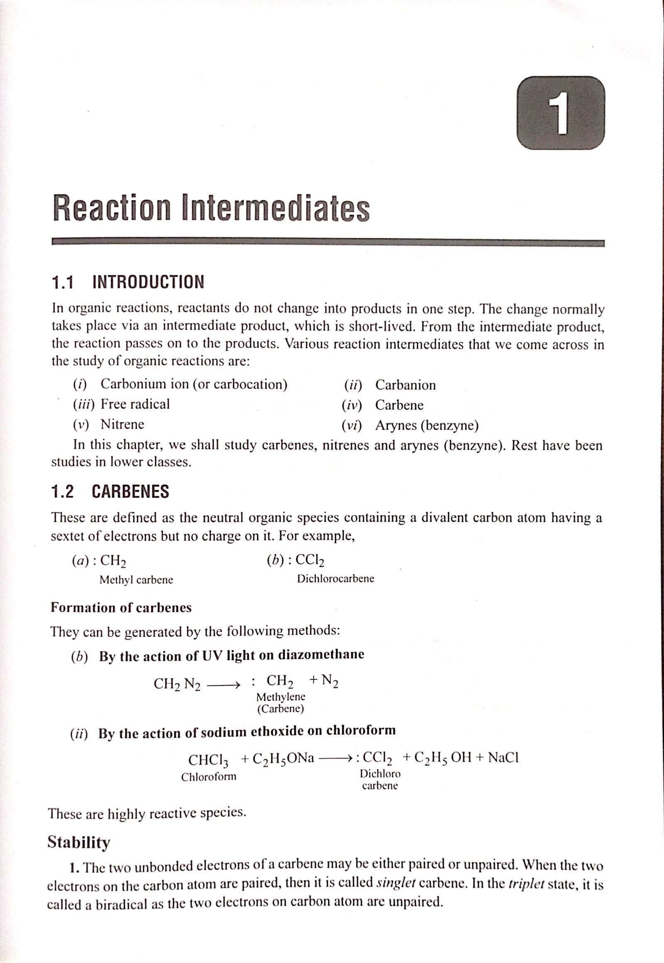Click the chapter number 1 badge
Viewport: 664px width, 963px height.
click(560, 113)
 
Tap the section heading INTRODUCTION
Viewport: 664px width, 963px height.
click(148, 282)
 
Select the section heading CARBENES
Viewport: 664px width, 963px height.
click(130, 491)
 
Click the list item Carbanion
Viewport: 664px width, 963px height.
click(405, 385)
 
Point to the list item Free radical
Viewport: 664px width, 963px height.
click(135, 404)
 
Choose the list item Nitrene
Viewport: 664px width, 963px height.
click(122, 424)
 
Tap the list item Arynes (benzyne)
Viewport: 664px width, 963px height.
click(427, 425)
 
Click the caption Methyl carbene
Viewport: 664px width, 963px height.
click(136, 580)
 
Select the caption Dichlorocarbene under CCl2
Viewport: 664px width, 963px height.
click(335, 579)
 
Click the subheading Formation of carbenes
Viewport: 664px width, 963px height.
click(121, 608)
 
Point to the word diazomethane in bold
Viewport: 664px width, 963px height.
click(321, 654)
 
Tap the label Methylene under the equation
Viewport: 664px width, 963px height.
click(281, 697)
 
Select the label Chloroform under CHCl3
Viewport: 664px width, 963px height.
click(208, 777)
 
